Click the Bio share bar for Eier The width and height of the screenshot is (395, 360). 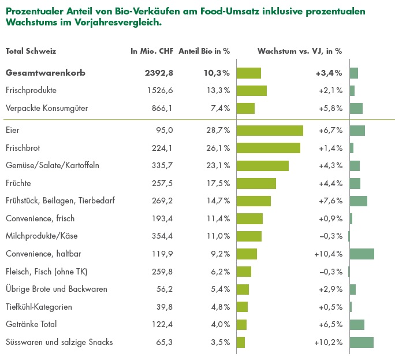270,131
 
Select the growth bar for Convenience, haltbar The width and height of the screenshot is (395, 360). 362,254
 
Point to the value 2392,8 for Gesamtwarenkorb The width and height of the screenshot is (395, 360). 159,73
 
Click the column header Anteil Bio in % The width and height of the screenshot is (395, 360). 204,51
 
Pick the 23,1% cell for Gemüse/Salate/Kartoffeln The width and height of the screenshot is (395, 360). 218,166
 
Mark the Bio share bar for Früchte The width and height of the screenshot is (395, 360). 256,183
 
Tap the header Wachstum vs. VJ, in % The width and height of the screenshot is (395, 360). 299,51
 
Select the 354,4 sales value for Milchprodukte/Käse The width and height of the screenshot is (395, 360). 162,236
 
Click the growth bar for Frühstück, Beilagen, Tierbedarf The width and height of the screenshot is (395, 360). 359,201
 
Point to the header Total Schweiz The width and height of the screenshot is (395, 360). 31,51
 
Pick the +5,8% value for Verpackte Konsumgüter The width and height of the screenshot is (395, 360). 330,108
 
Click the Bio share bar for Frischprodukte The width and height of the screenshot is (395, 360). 252,91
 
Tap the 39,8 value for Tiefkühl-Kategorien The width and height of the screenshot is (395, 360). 165,307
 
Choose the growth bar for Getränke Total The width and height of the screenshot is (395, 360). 357,324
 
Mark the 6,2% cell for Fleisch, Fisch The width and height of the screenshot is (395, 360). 220,272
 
